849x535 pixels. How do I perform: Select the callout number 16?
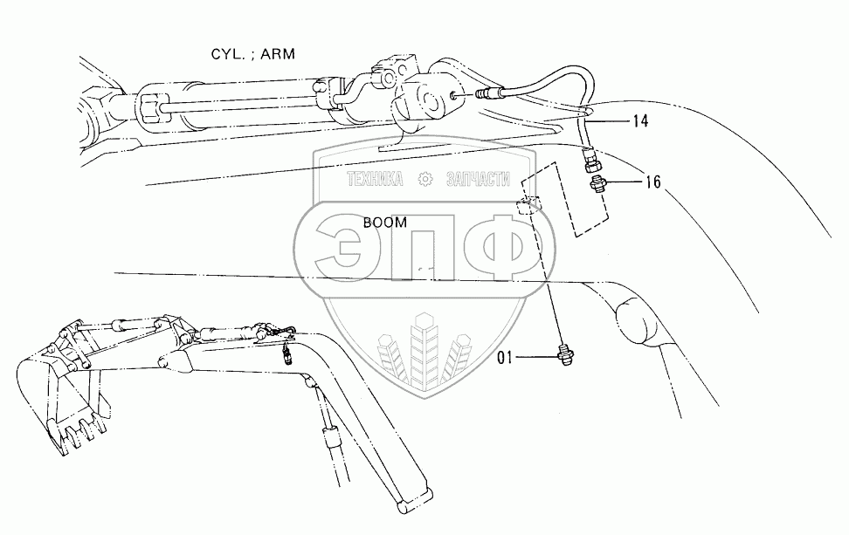click(x=652, y=182)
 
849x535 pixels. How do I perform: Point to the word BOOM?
click(x=385, y=223)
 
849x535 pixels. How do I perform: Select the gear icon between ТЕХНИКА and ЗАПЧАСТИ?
click(x=426, y=180)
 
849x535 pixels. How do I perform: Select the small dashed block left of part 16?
click(x=527, y=206)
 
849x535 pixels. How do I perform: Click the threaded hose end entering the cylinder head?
click(x=486, y=90)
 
